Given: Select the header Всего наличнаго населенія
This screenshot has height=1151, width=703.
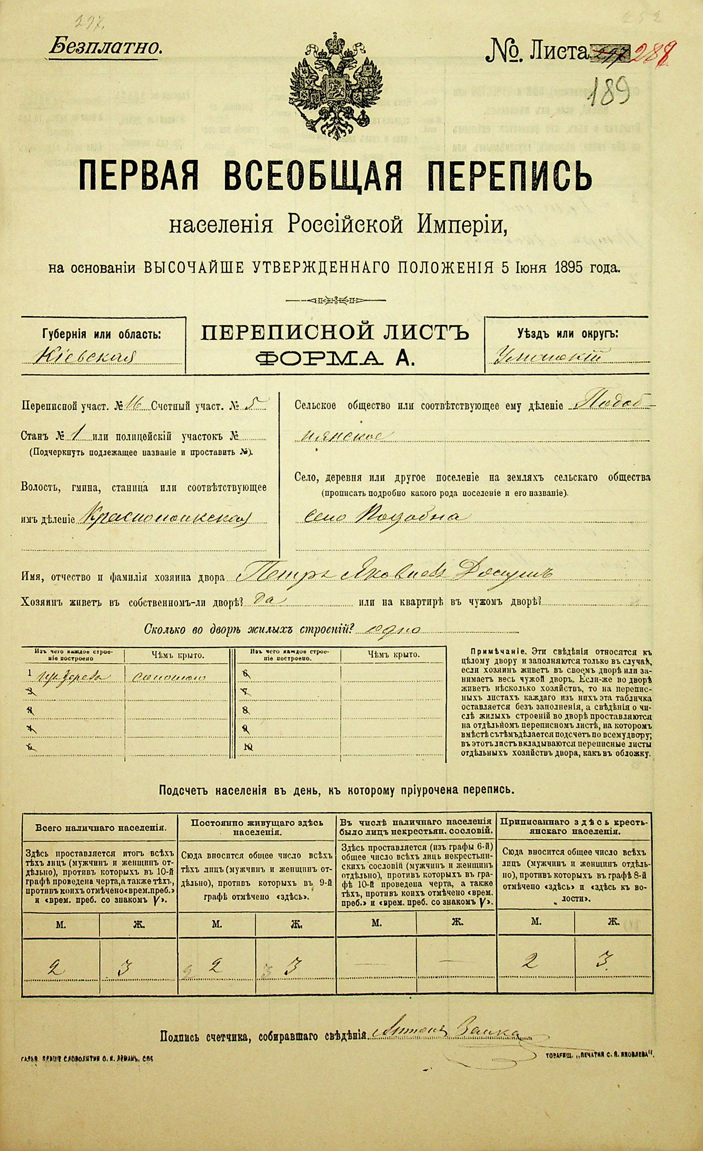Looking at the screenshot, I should [x=100, y=828].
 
